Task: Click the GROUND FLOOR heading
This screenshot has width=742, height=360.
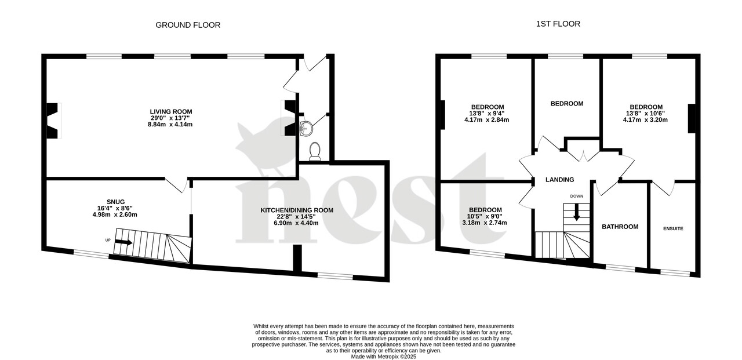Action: tap(188, 25)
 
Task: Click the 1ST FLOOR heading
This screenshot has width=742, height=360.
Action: tap(558, 24)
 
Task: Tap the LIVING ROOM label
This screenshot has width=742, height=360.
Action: tap(171, 111)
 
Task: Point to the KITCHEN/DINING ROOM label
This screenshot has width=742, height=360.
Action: tap(297, 210)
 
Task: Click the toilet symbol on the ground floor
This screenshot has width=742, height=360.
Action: tap(315, 151)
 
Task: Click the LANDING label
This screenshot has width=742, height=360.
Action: tap(559, 180)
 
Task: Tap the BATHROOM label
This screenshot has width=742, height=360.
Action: tap(620, 227)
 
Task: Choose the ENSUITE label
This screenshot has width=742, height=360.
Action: tap(673, 228)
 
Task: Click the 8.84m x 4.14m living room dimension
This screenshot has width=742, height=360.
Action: tap(171, 124)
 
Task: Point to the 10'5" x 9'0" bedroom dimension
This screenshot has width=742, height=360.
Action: tap(485, 216)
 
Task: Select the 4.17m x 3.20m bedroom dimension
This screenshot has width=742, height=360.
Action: tap(646, 120)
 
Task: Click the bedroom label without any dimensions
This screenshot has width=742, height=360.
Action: tap(566, 104)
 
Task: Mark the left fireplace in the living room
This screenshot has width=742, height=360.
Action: tap(53, 121)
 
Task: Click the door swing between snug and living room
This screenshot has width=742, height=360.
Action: tap(176, 185)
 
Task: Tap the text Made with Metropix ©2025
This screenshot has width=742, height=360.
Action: tap(383, 357)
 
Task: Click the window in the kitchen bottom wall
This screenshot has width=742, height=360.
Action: tap(335, 276)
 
